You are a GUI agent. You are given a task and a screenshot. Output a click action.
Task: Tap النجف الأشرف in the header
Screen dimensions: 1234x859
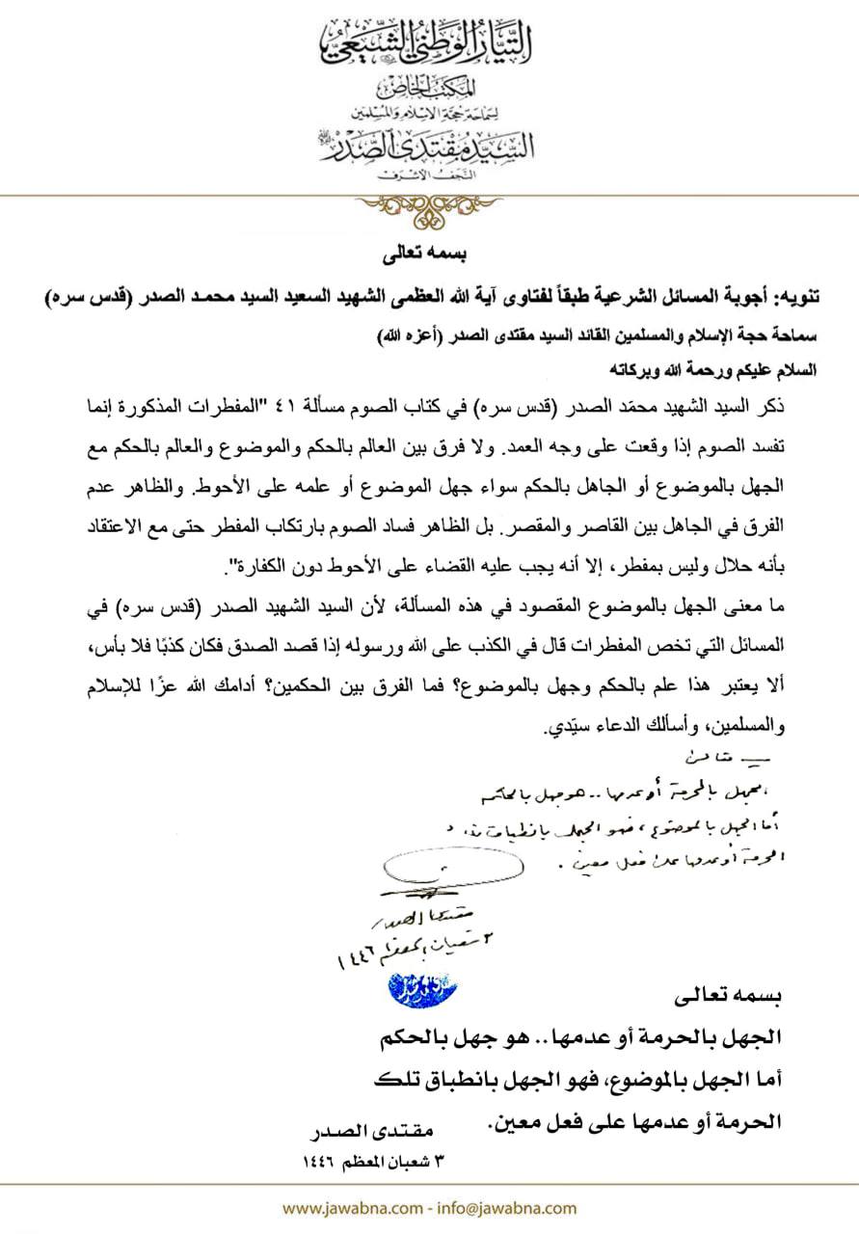(430, 177)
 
